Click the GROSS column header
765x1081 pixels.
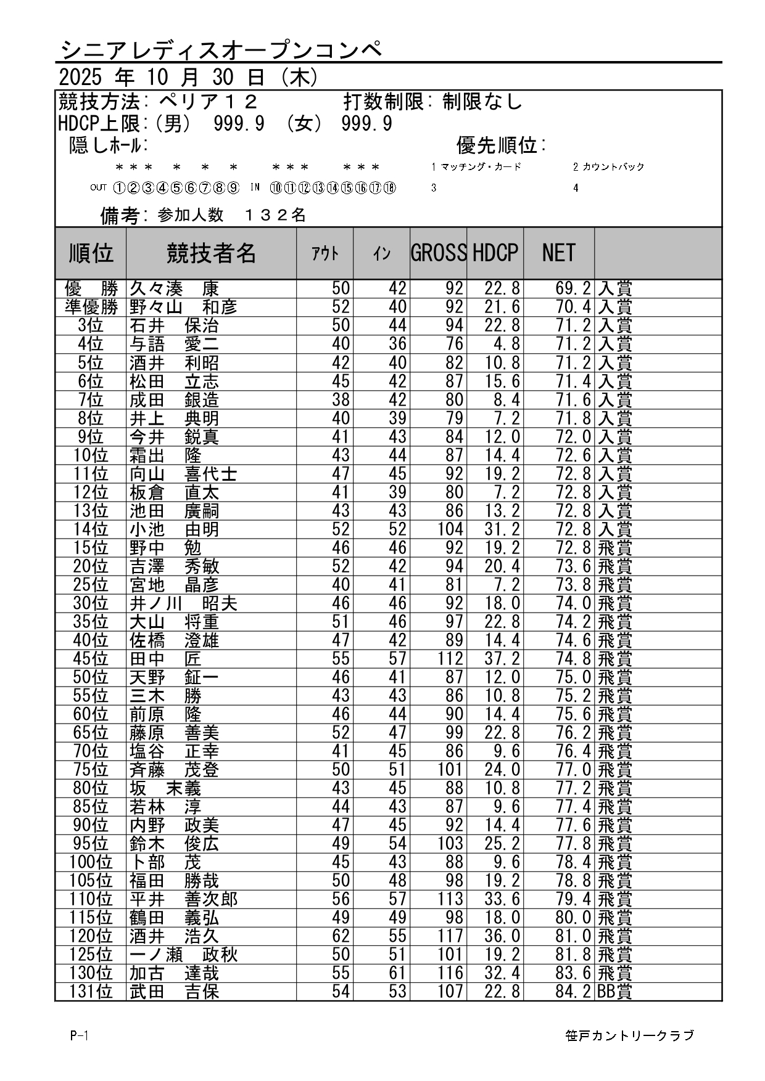(x=438, y=253)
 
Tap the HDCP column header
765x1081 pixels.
(x=495, y=253)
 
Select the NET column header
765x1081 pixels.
(x=558, y=253)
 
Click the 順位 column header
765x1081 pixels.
(x=91, y=253)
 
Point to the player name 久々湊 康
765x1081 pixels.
(x=174, y=288)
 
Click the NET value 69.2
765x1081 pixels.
(x=573, y=288)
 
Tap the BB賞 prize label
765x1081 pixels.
(x=614, y=992)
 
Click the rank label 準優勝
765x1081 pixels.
(x=91, y=307)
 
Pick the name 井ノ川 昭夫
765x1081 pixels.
(x=183, y=603)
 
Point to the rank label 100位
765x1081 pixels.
(x=91, y=862)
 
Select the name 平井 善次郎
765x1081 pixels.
(x=183, y=899)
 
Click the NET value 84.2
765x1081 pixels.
(x=573, y=992)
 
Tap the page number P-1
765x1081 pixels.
(x=80, y=1036)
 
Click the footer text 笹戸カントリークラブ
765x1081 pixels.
(x=629, y=1036)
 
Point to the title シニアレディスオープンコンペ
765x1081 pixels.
(x=222, y=49)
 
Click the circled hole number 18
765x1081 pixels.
(x=389, y=188)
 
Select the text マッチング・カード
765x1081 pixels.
(x=481, y=167)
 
